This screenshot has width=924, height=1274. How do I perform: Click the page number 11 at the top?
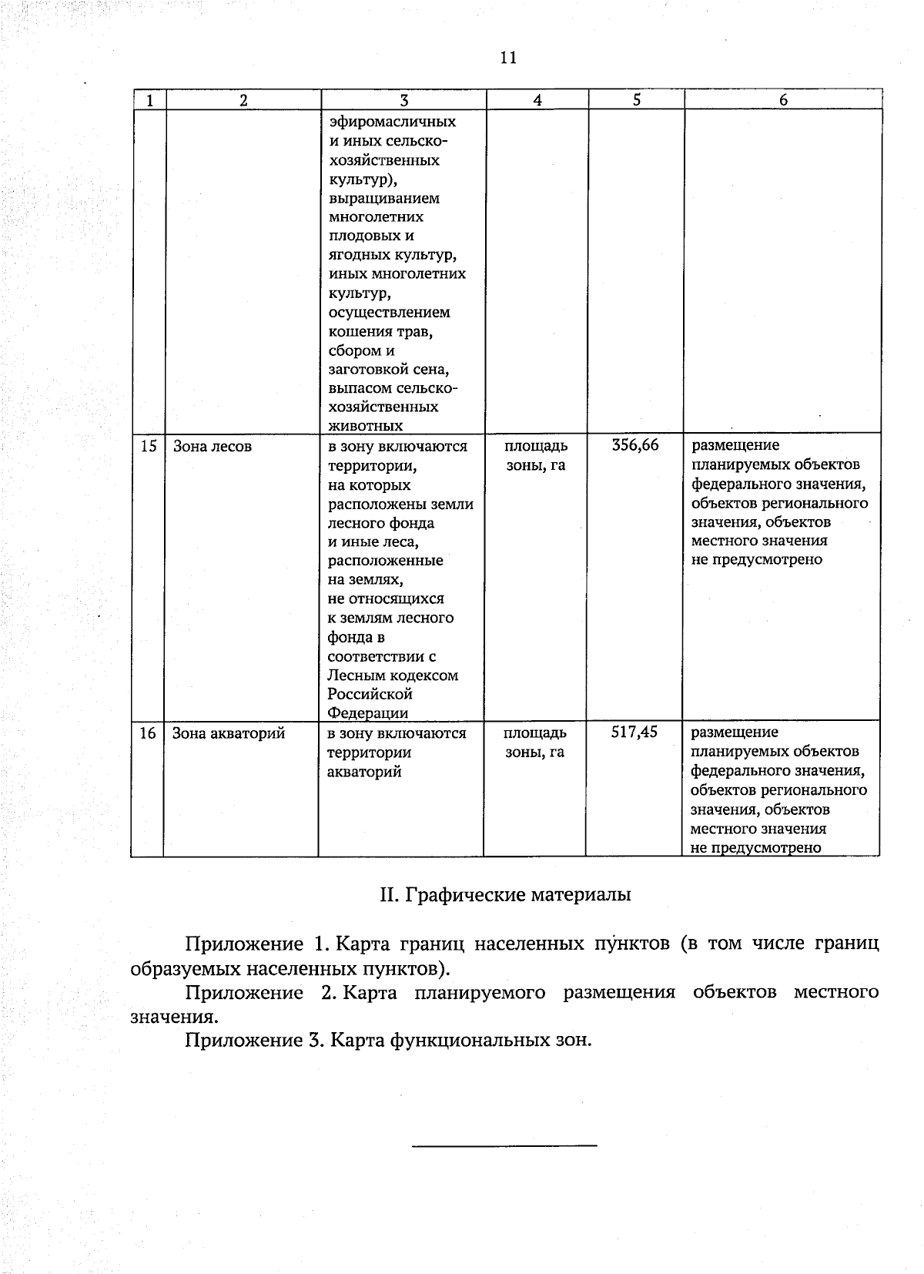tap(507, 58)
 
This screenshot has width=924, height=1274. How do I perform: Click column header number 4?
tap(537, 100)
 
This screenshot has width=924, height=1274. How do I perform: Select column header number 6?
tap(783, 100)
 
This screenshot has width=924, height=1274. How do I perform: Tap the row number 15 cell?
tap(149, 446)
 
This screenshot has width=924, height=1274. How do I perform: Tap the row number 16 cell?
tap(148, 733)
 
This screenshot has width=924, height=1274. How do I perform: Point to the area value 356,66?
tap(635, 445)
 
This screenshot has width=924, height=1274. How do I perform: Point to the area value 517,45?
tap(634, 732)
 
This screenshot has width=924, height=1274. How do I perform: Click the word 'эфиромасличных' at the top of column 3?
tap(392, 122)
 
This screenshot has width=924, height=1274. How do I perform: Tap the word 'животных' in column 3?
tap(365, 426)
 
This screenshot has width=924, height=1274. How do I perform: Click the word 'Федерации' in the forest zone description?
tap(368, 713)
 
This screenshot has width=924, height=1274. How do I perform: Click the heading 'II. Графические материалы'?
tap(505, 895)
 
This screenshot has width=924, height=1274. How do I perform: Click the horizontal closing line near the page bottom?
tap(504, 1145)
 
